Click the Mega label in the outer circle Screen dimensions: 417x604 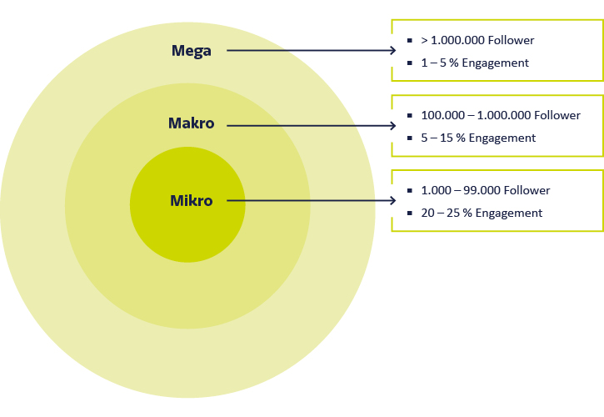pyautogui.click(x=191, y=51)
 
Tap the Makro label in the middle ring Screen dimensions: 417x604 pyautogui.click(x=191, y=124)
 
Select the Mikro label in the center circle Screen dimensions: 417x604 pyautogui.click(x=191, y=201)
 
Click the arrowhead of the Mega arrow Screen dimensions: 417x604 pyautogui.click(x=392, y=51)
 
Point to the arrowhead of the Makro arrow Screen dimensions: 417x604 pyautogui.click(x=392, y=126)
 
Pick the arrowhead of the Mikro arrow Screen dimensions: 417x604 pyautogui.click(x=392, y=201)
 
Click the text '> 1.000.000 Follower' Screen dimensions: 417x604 pyautogui.click(x=478, y=40)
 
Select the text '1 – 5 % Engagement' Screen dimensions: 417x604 pyautogui.click(x=475, y=63)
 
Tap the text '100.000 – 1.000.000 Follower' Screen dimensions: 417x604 pyautogui.click(x=502, y=115)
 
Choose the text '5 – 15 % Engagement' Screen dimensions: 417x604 pyautogui.click(x=478, y=138)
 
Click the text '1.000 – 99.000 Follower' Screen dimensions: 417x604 pyautogui.click(x=486, y=190)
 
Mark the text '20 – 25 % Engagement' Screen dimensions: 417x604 pyautogui.click(x=482, y=213)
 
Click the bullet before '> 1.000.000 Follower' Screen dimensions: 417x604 pyautogui.click(x=410, y=40)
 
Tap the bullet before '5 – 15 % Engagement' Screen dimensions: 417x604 pyautogui.click(x=410, y=138)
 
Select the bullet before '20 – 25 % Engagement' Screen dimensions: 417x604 pyautogui.click(x=410, y=213)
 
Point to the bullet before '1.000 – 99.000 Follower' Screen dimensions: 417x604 pyautogui.click(x=410, y=190)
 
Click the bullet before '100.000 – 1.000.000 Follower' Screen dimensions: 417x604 pyautogui.click(x=410, y=115)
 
